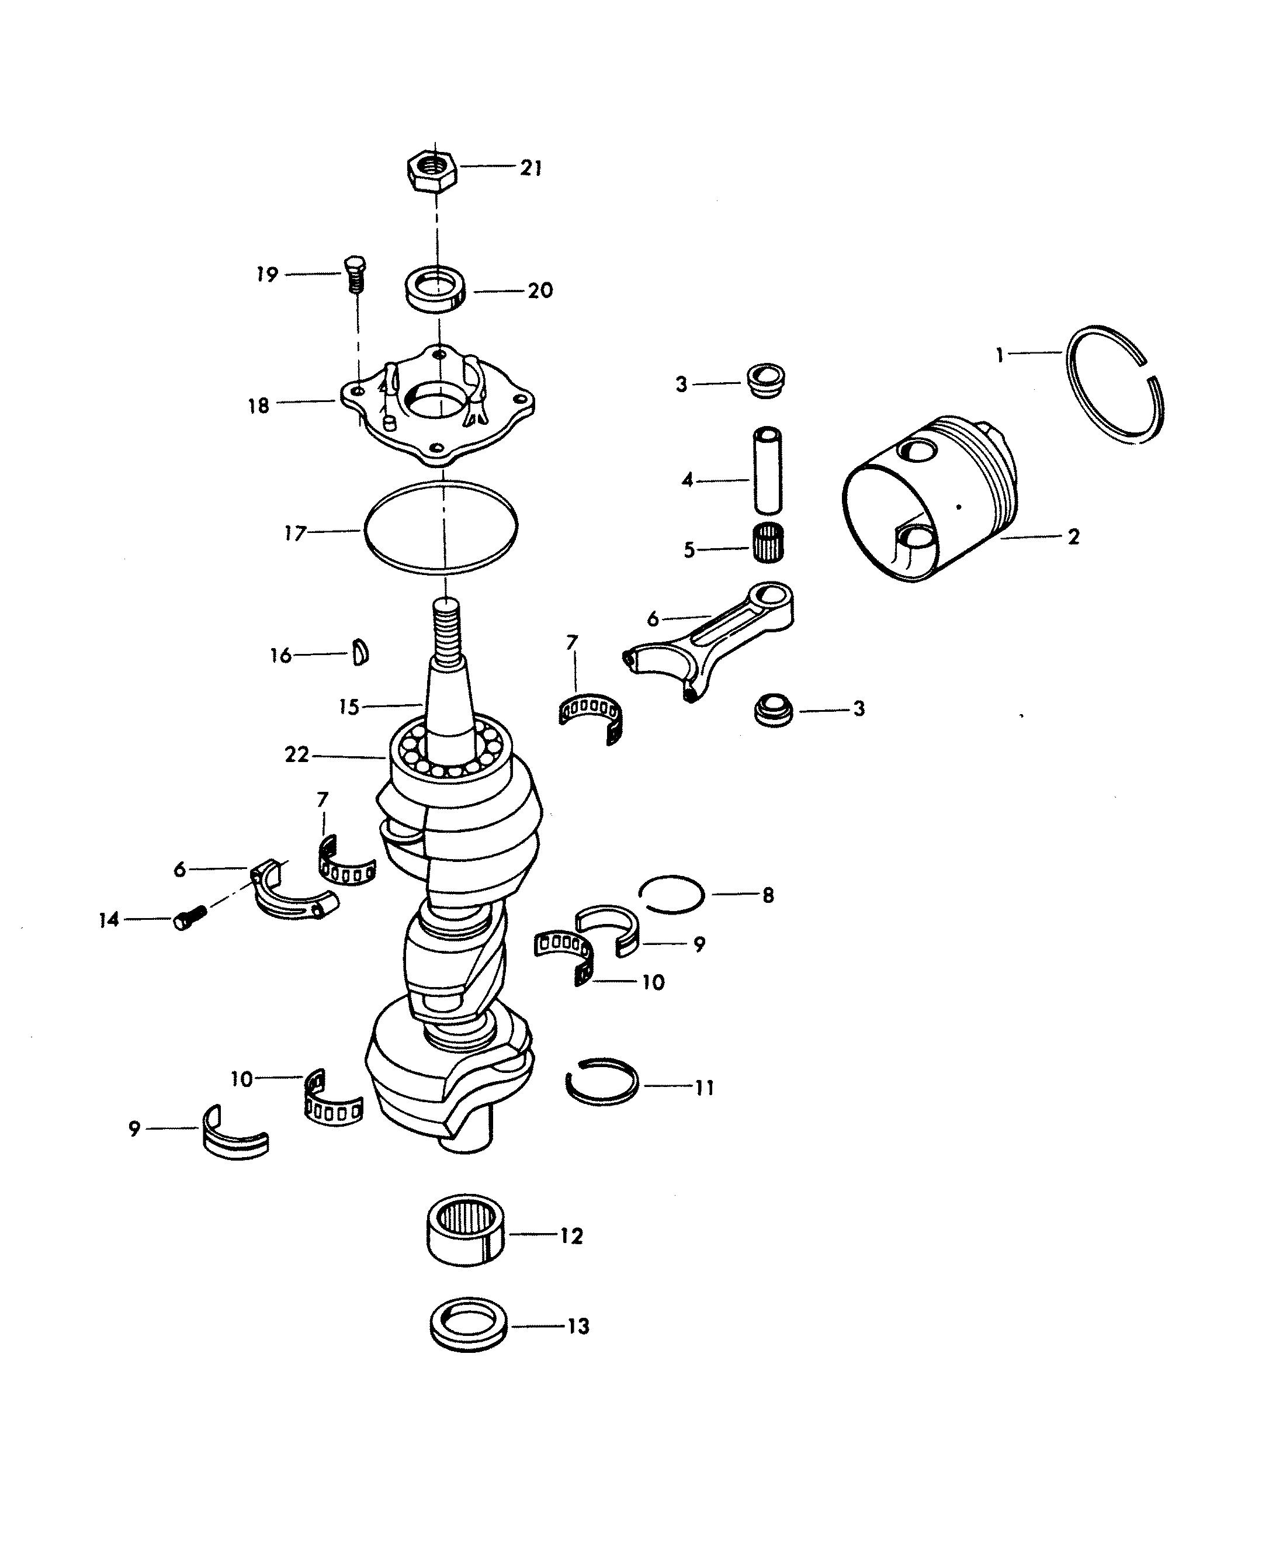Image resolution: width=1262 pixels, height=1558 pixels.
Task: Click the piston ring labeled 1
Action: (x=1114, y=384)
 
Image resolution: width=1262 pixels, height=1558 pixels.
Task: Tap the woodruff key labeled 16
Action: (x=360, y=652)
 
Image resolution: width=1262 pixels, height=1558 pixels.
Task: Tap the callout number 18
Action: (x=259, y=406)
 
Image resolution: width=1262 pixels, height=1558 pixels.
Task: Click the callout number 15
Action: (x=349, y=707)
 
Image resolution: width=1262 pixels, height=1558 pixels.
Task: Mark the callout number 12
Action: (x=572, y=1236)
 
